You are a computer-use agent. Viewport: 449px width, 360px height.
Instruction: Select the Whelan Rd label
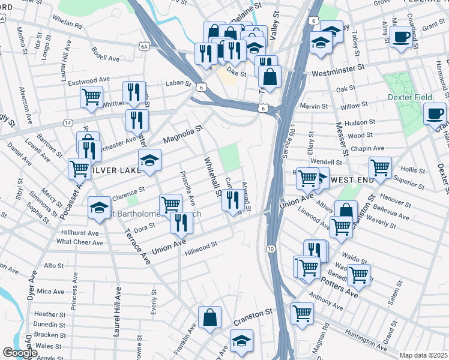click(67, 25)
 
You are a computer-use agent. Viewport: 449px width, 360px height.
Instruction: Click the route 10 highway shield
click(271, 248)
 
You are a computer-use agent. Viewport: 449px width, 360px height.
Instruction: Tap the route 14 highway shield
click(68, 123)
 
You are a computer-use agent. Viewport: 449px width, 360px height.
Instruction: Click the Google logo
click(19, 353)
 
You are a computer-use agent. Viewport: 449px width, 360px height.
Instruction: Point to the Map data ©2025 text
click(423, 355)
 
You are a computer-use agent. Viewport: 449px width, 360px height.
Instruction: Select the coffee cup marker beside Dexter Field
click(435, 112)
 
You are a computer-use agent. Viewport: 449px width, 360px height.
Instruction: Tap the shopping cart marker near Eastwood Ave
click(91, 95)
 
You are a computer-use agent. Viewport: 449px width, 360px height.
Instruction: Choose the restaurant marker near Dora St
click(181, 222)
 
